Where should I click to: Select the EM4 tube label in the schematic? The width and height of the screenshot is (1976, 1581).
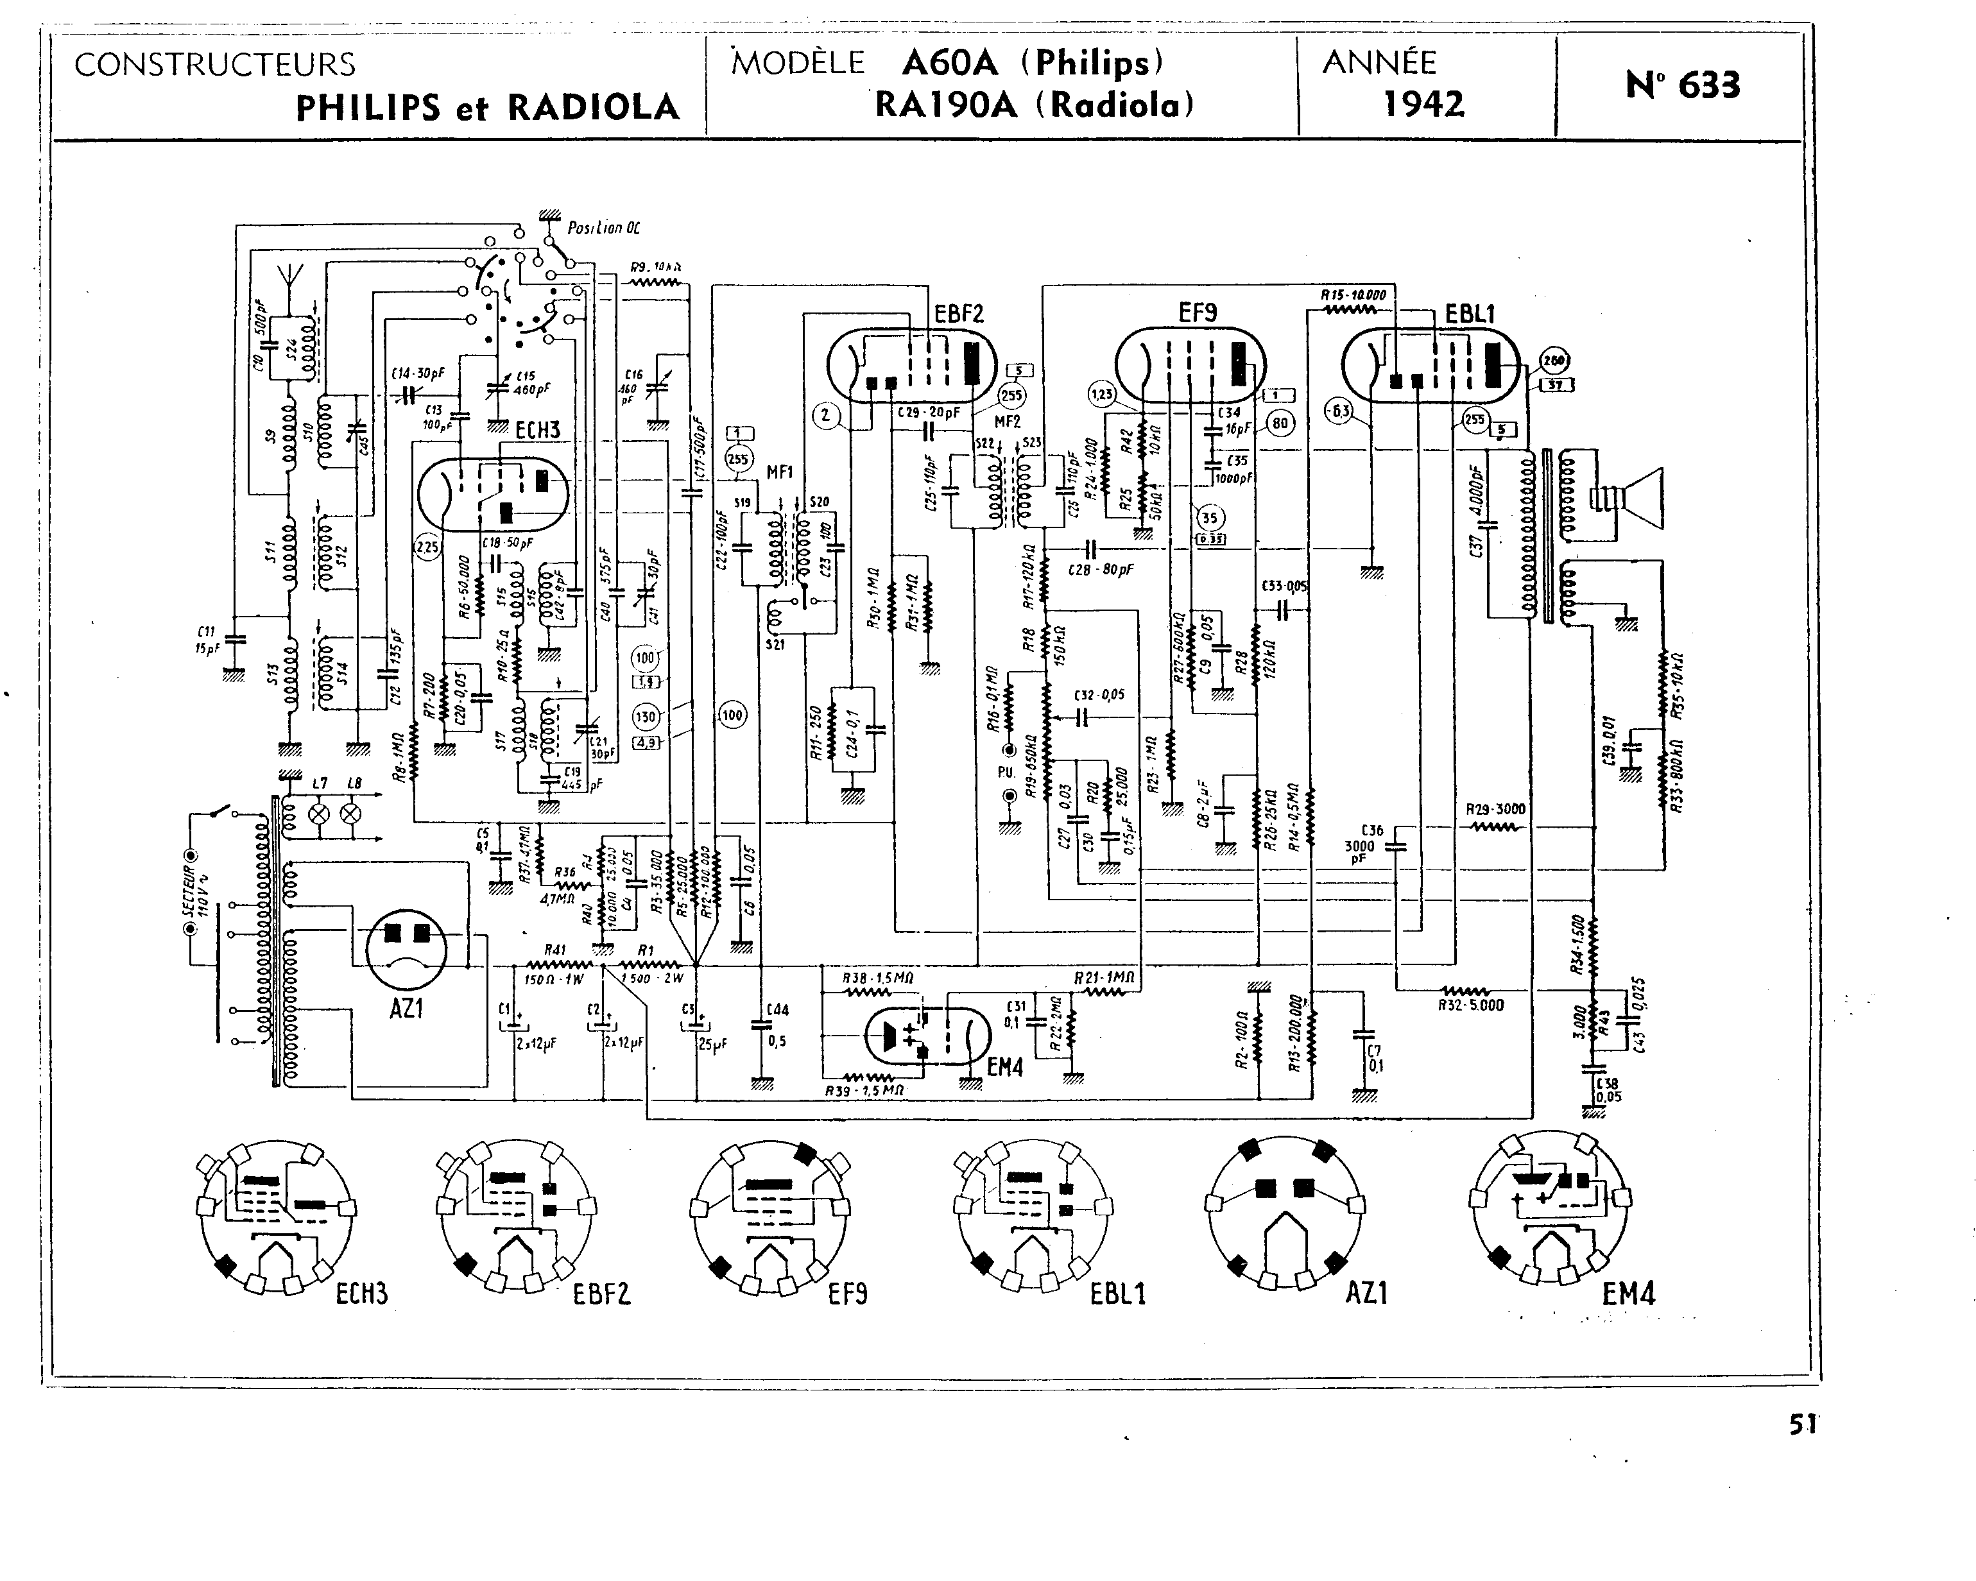(1004, 1067)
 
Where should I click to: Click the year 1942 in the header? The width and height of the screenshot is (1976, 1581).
(1423, 105)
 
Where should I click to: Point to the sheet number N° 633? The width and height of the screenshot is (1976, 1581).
(1683, 85)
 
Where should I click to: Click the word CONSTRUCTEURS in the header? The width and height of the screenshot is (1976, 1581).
(214, 65)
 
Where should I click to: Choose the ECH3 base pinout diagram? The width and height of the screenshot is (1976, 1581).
(275, 1215)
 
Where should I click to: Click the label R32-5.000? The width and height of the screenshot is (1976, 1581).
(1470, 1005)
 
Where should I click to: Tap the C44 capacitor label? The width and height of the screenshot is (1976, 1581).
(777, 1010)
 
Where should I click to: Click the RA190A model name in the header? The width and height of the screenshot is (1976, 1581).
(946, 105)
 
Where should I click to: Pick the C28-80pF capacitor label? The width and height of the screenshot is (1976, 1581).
(1100, 569)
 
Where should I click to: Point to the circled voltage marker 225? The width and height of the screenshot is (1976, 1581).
(427, 548)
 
